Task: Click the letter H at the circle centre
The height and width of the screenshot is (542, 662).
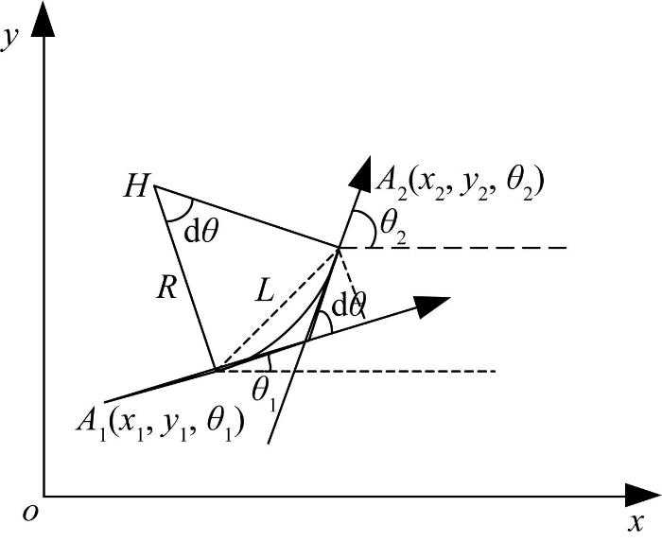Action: point(136,186)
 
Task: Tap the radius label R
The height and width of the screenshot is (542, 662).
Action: point(166,289)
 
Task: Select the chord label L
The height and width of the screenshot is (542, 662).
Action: point(265,291)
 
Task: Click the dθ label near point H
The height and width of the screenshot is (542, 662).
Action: point(201,232)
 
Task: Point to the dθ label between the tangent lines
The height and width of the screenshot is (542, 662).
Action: point(348,306)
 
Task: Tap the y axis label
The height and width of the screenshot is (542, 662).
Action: point(9,40)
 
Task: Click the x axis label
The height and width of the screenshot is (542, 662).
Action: point(636,522)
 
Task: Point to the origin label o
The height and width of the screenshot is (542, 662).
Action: point(30,513)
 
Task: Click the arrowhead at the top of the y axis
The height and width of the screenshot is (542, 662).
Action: point(44,19)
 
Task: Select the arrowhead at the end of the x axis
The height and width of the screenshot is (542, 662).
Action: point(643,496)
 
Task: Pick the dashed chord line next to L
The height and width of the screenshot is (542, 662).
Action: point(278,309)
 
